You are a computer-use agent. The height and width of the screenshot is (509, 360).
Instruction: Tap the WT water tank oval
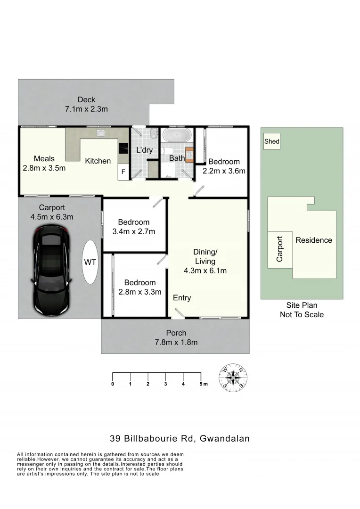[x=90, y=262]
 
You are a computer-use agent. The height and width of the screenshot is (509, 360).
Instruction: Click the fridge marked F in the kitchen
[x=123, y=172]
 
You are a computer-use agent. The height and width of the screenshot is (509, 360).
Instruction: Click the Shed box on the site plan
[x=271, y=141]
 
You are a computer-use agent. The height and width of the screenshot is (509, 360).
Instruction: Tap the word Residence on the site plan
[x=314, y=240]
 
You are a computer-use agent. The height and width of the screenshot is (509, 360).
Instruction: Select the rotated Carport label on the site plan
[x=279, y=249]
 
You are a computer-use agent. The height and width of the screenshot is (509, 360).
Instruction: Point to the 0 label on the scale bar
[x=113, y=384]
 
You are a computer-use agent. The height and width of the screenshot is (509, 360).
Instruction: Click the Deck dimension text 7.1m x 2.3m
[x=87, y=109]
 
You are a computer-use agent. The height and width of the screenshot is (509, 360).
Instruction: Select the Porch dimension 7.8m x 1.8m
[x=176, y=342]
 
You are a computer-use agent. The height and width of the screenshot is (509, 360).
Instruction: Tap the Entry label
[x=182, y=297]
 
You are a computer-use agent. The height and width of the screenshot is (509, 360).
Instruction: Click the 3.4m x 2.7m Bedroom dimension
[x=134, y=231]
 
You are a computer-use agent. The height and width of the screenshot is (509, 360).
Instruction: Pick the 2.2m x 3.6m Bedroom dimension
[x=224, y=171]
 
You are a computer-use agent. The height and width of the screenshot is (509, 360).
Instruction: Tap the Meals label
[x=44, y=158]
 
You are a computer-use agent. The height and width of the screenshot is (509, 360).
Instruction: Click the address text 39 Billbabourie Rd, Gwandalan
[x=180, y=438]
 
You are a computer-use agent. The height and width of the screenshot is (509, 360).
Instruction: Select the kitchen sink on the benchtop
[x=100, y=133]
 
